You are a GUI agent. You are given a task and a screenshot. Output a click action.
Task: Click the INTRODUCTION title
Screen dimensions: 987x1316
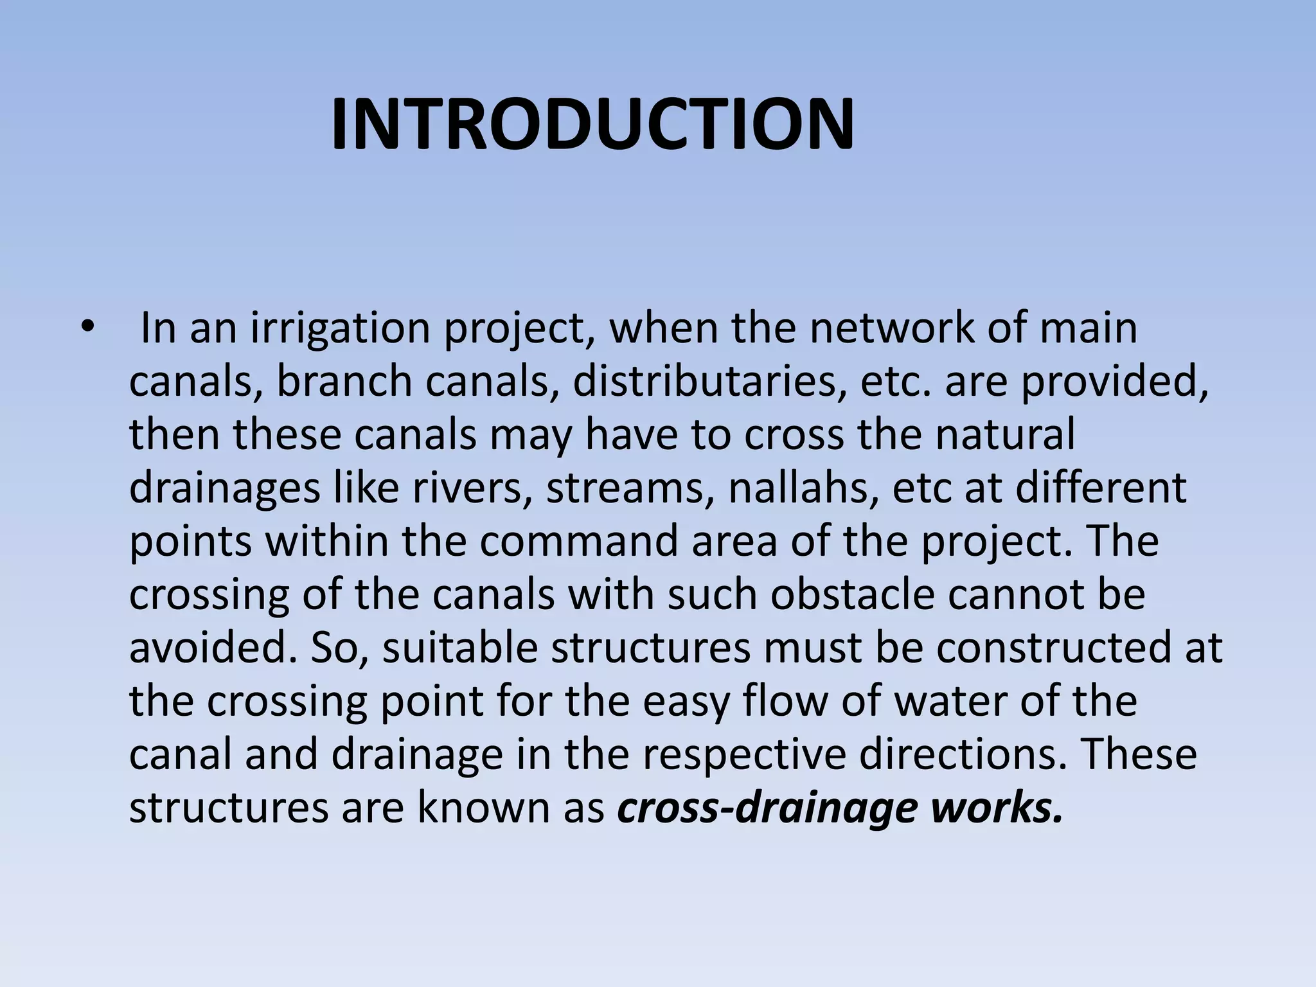pyautogui.click(x=592, y=125)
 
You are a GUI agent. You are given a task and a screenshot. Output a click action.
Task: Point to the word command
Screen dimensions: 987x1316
pyautogui.click(x=578, y=541)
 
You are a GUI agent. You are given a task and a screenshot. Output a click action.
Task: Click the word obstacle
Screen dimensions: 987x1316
pyautogui.click(x=852, y=594)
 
